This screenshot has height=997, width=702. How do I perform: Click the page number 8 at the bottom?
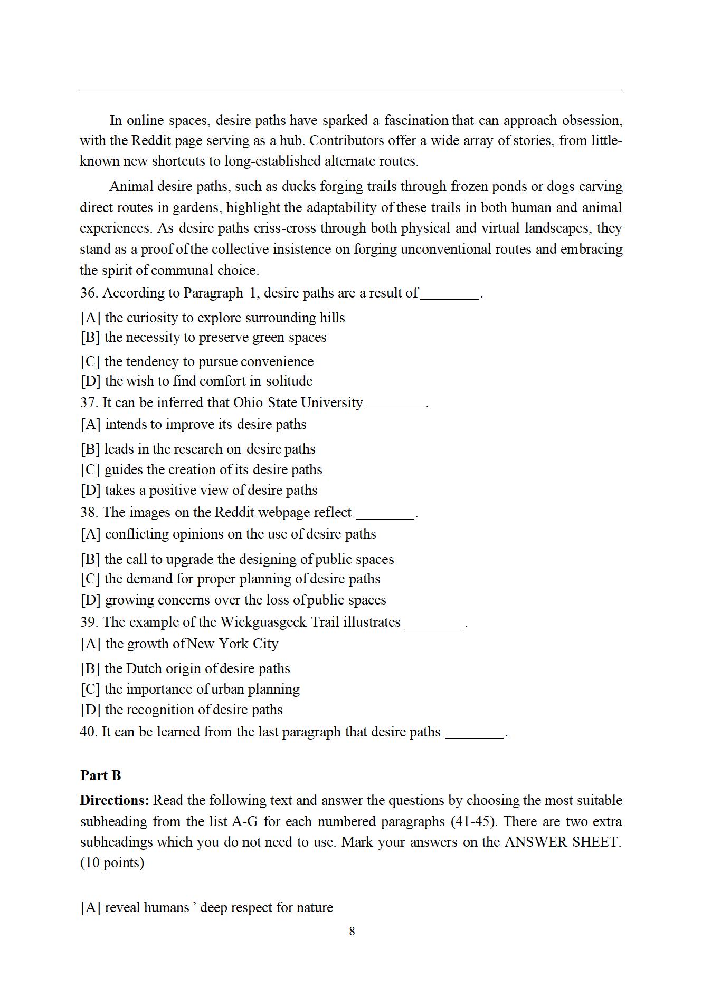point(352,931)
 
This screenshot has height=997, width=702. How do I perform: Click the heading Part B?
point(101,775)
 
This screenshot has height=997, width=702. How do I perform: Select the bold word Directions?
point(115,800)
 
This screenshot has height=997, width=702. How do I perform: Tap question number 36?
point(89,293)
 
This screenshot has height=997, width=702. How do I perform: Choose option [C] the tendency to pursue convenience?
point(197,361)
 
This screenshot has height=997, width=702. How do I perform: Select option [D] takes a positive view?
point(199,490)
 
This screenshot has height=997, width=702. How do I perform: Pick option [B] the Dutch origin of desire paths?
point(185,668)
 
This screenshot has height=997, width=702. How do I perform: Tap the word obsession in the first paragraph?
point(592,120)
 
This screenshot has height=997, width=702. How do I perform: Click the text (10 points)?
point(112,862)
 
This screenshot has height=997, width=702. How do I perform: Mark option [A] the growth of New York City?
point(179,644)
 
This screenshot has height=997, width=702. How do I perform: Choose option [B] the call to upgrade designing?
point(238,559)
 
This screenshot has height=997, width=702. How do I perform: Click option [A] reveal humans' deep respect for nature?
point(206,907)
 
